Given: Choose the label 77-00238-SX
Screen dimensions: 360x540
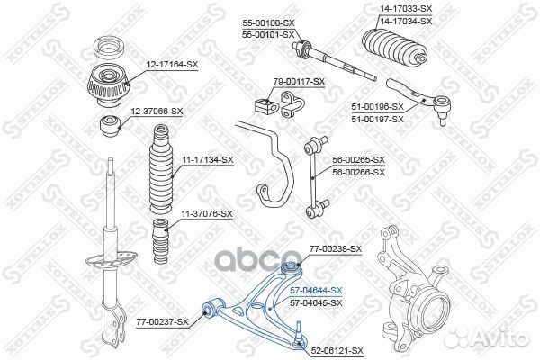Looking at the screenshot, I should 335,248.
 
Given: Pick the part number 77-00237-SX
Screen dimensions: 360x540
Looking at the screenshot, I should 163,321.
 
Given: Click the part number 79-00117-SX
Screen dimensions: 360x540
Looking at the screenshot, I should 299,81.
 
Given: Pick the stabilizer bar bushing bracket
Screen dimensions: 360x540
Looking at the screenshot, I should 270,105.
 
